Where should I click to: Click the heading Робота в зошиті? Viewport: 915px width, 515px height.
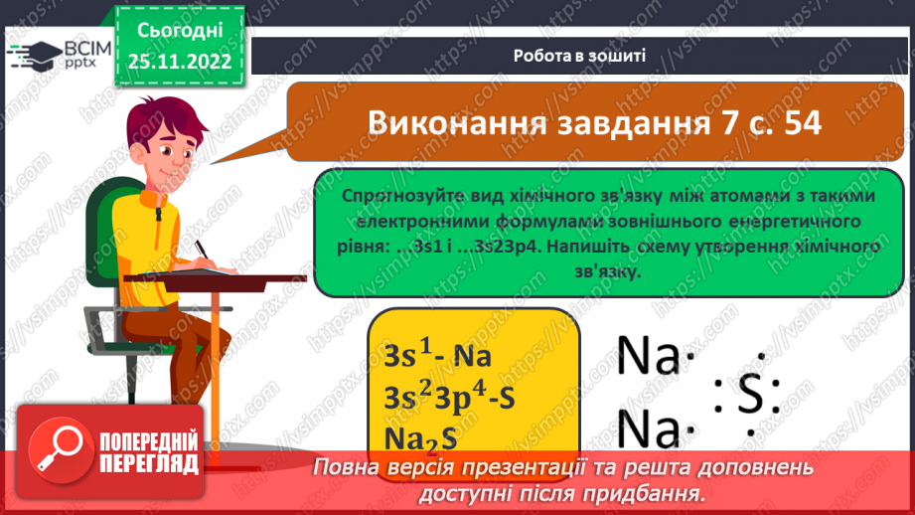click(580, 56)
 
